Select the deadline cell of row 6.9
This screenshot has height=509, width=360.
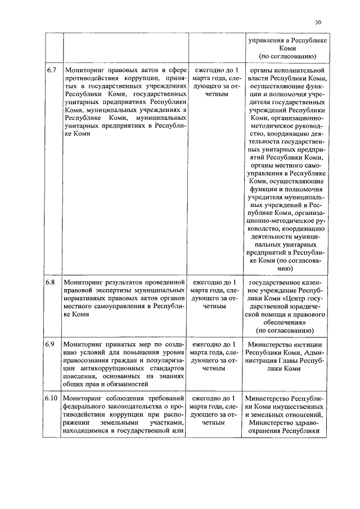pyautogui.click(x=215, y=356)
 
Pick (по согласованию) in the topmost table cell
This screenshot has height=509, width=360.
pyautogui.click(x=286, y=57)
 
